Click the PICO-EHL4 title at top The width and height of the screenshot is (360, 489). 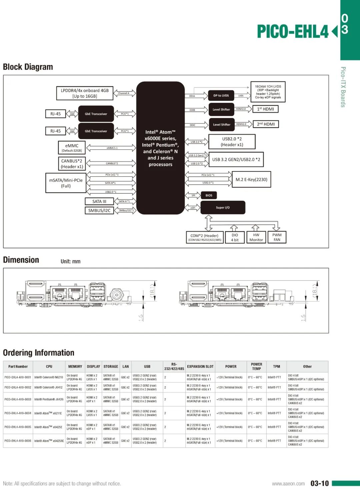pos(293,32)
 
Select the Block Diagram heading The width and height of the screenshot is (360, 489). pos(28,67)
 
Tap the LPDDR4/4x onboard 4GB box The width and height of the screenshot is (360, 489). pos(85,93)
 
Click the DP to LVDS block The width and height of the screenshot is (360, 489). pos(221,96)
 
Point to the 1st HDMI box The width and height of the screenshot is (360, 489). pos(265,109)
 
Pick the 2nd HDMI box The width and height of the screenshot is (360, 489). pos(266,124)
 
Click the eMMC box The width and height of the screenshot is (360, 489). pos(72,147)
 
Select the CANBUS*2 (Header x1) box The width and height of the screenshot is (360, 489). pos(72,164)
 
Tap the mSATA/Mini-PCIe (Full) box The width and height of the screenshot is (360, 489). pos(66,183)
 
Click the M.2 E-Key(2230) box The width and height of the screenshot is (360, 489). pos(251,179)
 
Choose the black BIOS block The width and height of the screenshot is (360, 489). pos(209,195)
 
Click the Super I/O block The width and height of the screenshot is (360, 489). pos(223,207)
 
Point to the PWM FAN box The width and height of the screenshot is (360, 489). pos(277,237)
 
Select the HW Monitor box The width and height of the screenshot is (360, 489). pos(256,237)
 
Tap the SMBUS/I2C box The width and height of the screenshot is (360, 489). pos(99,210)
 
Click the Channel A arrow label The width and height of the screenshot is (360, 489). pos(124,93)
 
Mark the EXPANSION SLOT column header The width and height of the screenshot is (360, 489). pos(200,367)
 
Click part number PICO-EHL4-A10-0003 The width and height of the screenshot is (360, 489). pos(18,399)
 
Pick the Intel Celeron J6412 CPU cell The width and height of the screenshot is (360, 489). pos(49,388)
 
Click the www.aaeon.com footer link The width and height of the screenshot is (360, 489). pos(288,484)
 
